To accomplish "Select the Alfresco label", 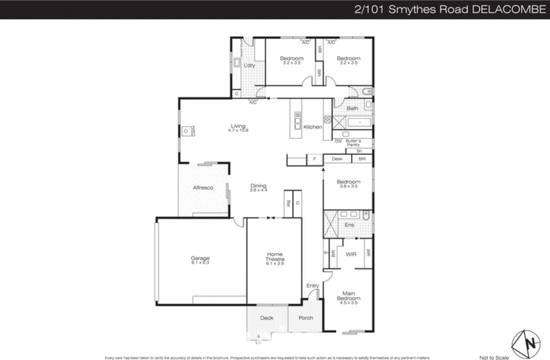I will tap(203, 188).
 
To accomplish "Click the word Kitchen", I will tap(312, 127).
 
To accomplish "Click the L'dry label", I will tap(249, 65).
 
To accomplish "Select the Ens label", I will tap(349, 225).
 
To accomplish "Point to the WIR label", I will tap(351, 254).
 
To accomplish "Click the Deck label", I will tap(266, 318).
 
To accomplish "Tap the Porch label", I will tap(306, 318).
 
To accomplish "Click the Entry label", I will tap(312, 285).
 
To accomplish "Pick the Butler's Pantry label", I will tap(353, 143).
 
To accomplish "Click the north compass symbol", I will tap(526, 344).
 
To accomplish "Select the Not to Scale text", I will tap(494, 358).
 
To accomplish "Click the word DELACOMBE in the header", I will tap(509, 9).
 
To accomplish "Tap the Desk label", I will tap(337, 159).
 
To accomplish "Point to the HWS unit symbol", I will tap(186, 131).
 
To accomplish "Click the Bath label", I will tap(352, 108).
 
